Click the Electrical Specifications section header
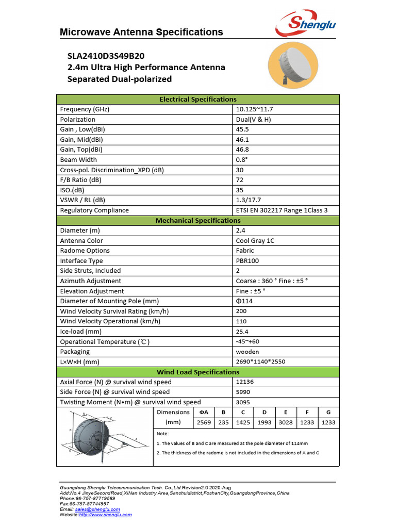[198, 99]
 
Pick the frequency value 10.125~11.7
[254, 109]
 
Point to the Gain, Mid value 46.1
[242, 139]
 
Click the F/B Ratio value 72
[240, 180]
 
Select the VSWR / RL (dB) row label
[82, 200]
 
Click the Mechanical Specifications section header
[198, 220]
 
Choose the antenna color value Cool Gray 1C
[255, 241]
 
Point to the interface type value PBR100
[247, 261]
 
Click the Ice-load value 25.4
[242, 332]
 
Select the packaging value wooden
[247, 352]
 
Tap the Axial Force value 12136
[245, 382]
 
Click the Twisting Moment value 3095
[243, 402]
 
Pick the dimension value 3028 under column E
[285, 422]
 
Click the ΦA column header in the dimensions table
[204, 412]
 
